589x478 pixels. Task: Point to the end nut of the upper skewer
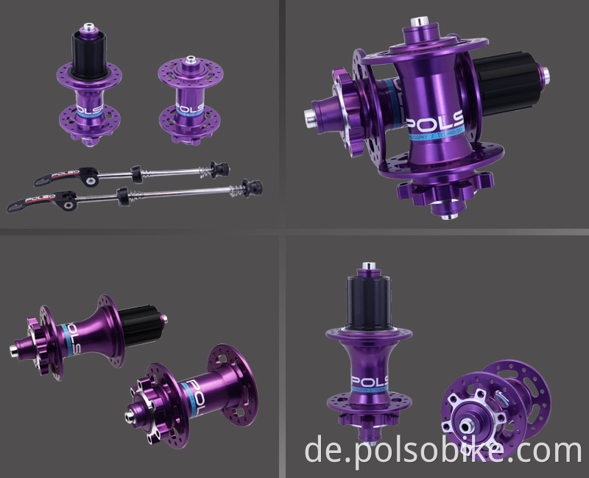218,168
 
